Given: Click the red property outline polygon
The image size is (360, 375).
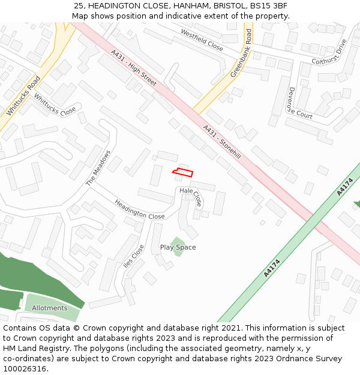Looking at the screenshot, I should (x=183, y=173).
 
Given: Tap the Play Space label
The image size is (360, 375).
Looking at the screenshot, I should (x=178, y=247).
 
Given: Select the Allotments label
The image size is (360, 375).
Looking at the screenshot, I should (x=50, y=308).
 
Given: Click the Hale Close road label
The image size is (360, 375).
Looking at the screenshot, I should (x=191, y=196).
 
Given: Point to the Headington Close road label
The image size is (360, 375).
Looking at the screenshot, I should (x=139, y=209).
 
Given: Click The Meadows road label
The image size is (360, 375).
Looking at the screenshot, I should (x=99, y=167).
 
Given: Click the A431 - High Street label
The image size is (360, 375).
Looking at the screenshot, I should (x=134, y=67).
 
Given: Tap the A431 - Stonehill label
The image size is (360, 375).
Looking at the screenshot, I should (x=222, y=142).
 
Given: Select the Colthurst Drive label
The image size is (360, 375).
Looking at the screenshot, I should (x=329, y=52).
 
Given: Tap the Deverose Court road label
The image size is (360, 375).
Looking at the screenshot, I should (x=299, y=104).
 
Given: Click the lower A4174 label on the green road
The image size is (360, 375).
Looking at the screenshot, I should (x=272, y=268).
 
